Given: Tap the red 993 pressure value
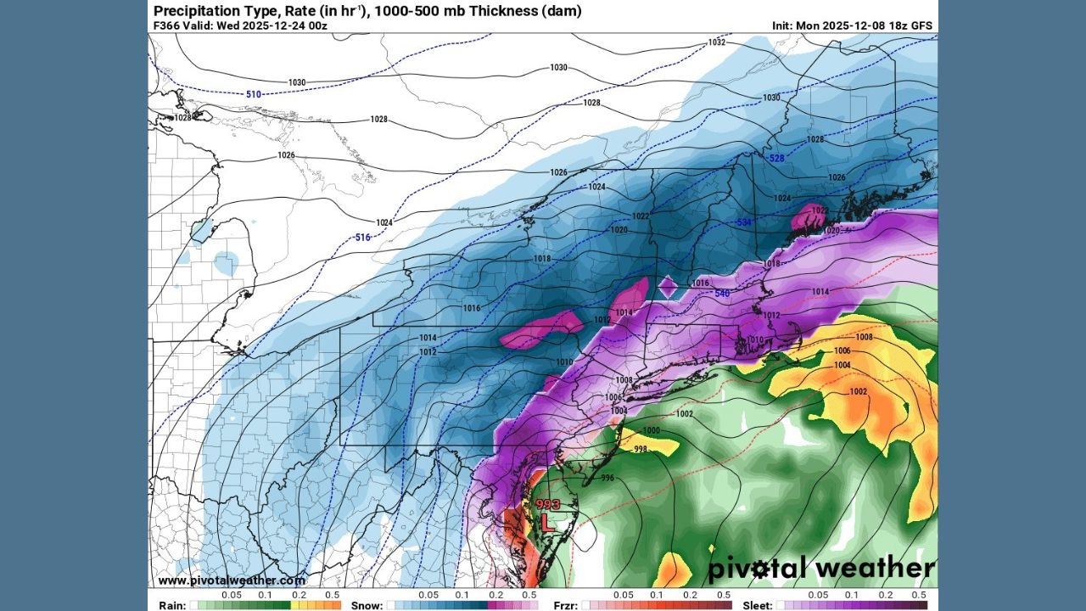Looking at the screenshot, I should (548, 504).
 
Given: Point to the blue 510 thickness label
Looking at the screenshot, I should (254, 94).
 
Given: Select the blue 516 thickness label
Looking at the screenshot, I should (363, 237).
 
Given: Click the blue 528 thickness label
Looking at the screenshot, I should (775, 159).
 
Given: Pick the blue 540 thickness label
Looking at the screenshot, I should (721, 294).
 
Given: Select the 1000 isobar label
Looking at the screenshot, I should (651, 431).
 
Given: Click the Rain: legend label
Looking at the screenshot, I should (172, 605).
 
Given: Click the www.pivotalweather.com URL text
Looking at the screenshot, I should (231, 580).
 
